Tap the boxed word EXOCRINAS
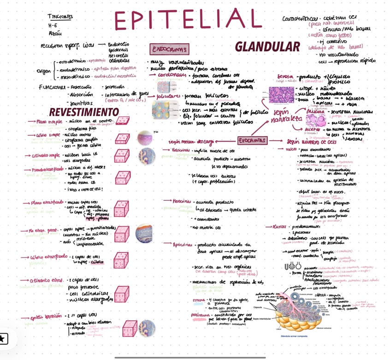point(252,140)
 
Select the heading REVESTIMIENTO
point(84,112)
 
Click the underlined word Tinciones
point(60,17)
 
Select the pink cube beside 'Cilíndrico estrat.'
point(122,294)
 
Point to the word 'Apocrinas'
point(183,245)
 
